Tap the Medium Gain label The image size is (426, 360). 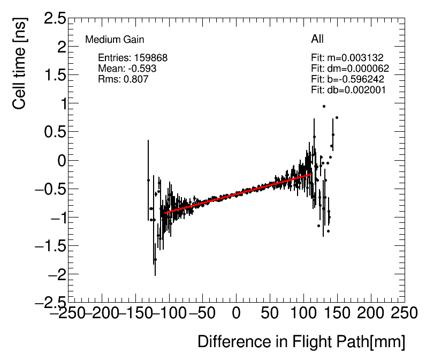(115, 40)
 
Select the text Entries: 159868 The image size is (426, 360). (133, 58)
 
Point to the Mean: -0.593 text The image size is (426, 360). (127, 69)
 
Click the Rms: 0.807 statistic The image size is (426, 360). (123, 79)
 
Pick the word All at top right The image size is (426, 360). (317, 39)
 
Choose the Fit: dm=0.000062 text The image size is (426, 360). (349, 69)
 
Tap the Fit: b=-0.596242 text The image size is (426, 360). (347, 79)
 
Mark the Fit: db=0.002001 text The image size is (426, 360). (348, 90)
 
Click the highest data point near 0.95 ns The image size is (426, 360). (324, 106)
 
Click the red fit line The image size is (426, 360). (235, 194)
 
